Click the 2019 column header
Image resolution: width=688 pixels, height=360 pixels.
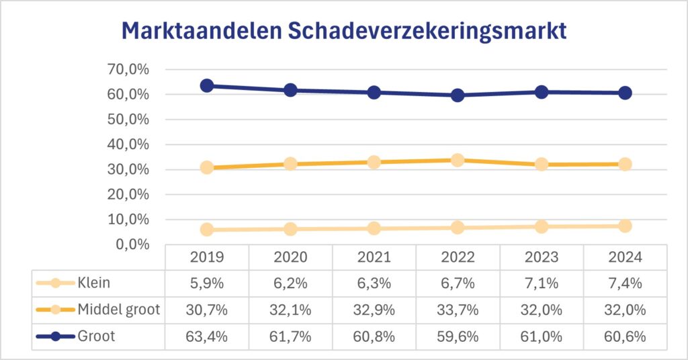tap(207, 257)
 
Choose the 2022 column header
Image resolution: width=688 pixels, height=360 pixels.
tap(458, 257)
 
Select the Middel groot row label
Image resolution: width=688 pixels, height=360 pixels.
tap(118, 310)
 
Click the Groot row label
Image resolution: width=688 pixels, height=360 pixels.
tap(96, 336)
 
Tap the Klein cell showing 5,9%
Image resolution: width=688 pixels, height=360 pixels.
tap(207, 283)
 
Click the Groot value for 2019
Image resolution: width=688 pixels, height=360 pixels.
tap(207, 336)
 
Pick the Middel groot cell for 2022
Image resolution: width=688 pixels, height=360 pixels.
tap(458, 310)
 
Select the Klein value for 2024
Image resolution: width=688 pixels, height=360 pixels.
tap(625, 283)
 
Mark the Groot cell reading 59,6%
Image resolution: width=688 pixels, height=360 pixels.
tap(458, 336)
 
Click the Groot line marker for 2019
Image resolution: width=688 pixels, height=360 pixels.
tap(207, 85)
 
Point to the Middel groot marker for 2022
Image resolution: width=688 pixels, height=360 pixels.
tap(458, 160)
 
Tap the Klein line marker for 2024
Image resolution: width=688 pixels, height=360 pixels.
tap(625, 226)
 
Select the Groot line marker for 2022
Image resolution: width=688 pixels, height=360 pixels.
tap(458, 95)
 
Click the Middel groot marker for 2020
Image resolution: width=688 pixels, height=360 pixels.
tap(290, 164)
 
